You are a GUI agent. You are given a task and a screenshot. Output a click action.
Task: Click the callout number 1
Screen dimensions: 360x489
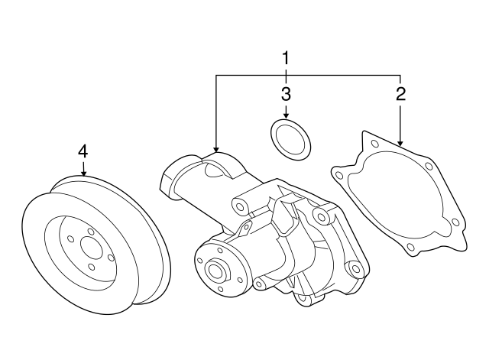286,57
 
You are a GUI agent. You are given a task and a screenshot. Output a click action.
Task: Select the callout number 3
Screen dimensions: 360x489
286,95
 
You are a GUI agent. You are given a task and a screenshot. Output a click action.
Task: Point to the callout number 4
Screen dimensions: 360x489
83,151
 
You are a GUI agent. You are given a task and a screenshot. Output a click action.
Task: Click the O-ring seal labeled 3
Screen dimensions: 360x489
290,139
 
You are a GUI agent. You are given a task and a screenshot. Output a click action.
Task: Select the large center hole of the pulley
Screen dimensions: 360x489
91,248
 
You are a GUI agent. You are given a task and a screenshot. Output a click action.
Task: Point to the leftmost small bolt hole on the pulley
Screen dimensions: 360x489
73,244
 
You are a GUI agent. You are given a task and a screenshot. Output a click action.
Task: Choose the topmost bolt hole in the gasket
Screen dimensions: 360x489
373,143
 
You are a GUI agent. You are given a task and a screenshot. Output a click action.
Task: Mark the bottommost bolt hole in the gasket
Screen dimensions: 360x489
410,246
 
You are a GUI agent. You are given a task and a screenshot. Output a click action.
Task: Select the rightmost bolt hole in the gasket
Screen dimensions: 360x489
455,222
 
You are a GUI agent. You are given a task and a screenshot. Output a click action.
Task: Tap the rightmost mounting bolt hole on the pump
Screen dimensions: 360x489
354,270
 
